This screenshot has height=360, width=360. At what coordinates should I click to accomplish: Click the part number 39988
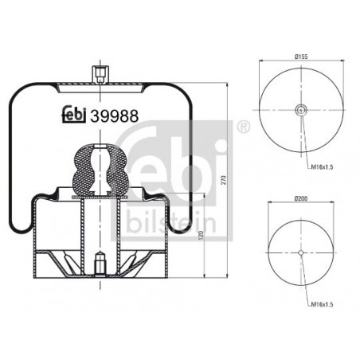pos(115,116)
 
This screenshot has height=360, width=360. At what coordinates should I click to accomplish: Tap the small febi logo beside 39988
pos(74,115)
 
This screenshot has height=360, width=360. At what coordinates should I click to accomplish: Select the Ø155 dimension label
pos(301,57)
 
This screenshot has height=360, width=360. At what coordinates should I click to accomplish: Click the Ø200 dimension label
pos(301,198)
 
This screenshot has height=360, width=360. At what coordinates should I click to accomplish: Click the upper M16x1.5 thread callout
pos(322,167)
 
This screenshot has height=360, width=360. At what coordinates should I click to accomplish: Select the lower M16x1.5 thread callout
pos(322,304)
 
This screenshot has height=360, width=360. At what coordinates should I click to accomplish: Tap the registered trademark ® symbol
pos(243,127)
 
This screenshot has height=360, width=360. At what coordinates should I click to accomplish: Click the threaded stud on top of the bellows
pos(100,75)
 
